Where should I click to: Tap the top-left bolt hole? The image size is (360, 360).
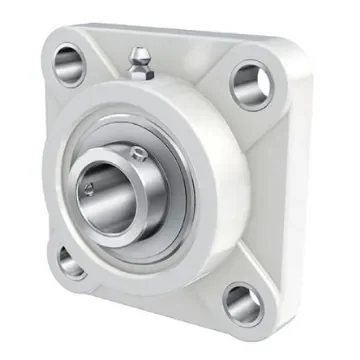pyautogui.click(x=70, y=64)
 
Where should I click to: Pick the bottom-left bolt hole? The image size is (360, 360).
pyautogui.click(x=70, y=262)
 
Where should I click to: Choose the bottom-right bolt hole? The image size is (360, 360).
pyautogui.click(x=242, y=303)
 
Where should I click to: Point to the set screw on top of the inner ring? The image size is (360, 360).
pyautogui.click(x=137, y=151)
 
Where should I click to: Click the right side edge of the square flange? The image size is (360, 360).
pyautogui.click(x=300, y=200)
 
